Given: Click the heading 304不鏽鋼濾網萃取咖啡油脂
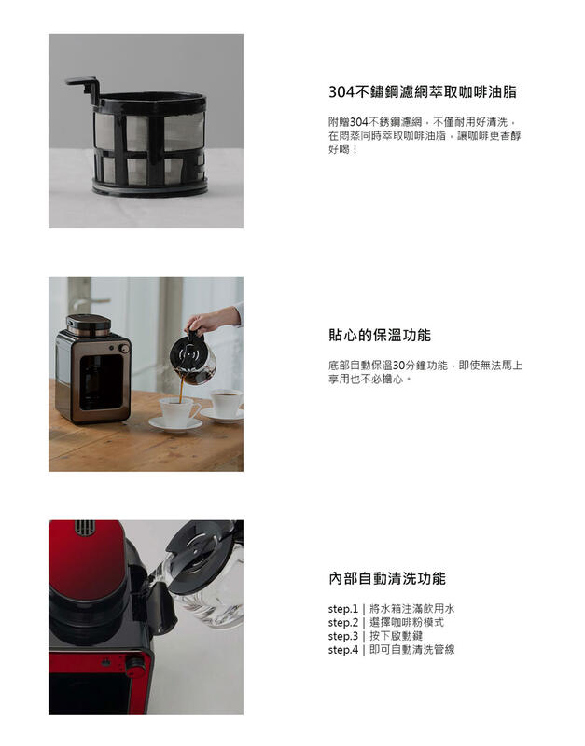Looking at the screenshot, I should click(423, 92).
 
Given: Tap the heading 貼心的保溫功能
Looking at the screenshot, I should click(379, 336).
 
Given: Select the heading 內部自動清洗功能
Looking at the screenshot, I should click(386, 578).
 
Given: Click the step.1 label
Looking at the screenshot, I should click(342, 608).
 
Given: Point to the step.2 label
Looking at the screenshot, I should click(342, 622).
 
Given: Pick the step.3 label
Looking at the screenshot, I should click(342, 636).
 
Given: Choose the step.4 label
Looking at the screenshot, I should click(342, 650).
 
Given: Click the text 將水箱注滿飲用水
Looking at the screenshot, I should click(411, 608).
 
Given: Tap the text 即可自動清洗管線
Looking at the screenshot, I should click(411, 650).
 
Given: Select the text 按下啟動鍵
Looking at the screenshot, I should click(396, 636).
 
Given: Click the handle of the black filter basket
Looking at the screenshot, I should click(82, 86).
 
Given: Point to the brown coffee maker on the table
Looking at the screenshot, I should click(92, 368).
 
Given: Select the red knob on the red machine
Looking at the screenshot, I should click(135, 666).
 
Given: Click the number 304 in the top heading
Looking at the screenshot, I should click(344, 92).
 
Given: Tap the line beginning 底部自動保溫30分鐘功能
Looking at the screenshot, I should click(425, 366).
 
